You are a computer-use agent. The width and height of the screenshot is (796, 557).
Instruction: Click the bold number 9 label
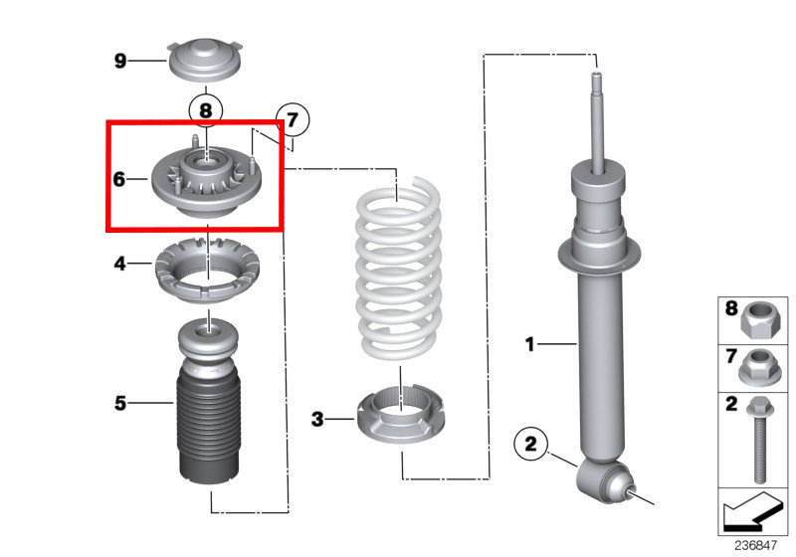[x=120, y=62]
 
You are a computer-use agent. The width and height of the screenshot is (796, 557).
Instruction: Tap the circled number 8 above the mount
[x=205, y=109]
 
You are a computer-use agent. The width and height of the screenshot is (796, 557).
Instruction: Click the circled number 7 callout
[x=293, y=120]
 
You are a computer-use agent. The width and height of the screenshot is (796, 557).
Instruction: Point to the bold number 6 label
[x=119, y=180]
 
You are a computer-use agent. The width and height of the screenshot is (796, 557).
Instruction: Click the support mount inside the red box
[x=206, y=183]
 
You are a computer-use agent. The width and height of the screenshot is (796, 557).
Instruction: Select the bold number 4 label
[x=119, y=265]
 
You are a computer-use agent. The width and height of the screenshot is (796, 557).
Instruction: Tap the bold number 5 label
[x=119, y=403]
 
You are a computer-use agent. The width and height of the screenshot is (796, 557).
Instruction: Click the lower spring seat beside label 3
[x=399, y=419]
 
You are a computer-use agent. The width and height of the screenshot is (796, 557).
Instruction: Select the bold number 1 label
[x=530, y=345]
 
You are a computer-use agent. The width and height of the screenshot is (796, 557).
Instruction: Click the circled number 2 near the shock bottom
[x=530, y=443]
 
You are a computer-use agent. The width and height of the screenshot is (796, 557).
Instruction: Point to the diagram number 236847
[x=758, y=545]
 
